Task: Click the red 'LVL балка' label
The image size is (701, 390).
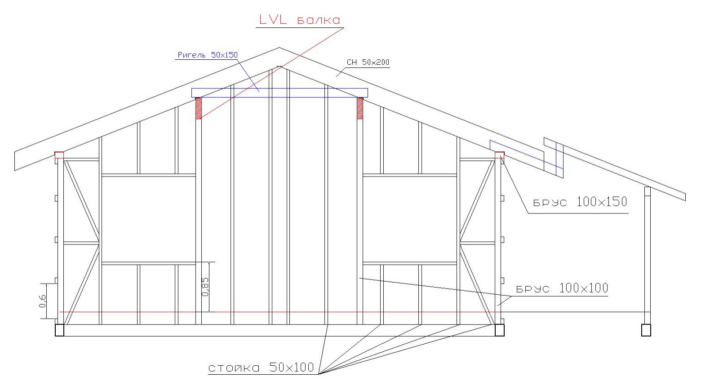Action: click(299, 20)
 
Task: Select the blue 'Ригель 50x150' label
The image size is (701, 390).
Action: click(208, 55)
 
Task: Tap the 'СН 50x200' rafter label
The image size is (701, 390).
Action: click(368, 62)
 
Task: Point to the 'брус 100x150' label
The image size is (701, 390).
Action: click(580, 202)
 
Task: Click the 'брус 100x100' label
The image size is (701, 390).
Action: click(562, 288)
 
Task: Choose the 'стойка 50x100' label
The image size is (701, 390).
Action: click(261, 367)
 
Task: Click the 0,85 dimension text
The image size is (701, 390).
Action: click(205, 287)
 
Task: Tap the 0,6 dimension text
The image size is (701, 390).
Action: click(43, 301)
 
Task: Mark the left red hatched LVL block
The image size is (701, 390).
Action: click(199, 108)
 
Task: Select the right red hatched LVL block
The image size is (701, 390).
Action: click(360, 108)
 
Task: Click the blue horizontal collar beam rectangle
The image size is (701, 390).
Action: click(280, 89)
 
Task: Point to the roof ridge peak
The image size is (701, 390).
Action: click(280, 48)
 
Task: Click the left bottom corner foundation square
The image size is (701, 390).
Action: click(59, 330)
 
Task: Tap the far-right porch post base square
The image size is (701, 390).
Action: click(646, 330)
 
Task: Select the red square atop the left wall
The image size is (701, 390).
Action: click(59, 155)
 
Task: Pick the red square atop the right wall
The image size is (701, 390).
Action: click(500, 155)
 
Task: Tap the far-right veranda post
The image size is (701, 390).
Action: click(648, 255)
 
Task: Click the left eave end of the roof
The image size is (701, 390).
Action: click(15, 161)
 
